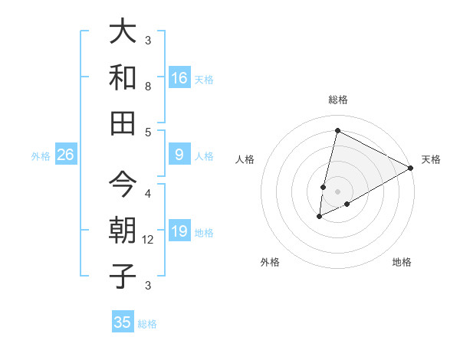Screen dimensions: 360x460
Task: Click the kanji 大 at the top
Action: (x=123, y=33)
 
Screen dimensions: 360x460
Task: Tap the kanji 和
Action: (x=123, y=77)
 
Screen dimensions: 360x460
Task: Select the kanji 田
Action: (x=123, y=123)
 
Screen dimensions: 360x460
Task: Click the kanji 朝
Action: (x=123, y=231)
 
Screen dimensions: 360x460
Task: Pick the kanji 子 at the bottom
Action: (x=123, y=276)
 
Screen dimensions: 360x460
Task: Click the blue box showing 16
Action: (x=179, y=77)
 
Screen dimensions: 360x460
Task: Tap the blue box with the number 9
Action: (x=179, y=155)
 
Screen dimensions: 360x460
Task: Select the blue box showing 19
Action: (x=179, y=231)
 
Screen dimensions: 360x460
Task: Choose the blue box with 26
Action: (x=65, y=155)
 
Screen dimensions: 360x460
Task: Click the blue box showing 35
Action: (x=123, y=322)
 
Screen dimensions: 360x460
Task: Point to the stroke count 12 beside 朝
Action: (x=148, y=240)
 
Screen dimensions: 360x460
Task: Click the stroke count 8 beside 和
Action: (x=148, y=87)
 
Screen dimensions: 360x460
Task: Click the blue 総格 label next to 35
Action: (x=147, y=324)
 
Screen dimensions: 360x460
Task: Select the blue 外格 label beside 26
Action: (x=41, y=156)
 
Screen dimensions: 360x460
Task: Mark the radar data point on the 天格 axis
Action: (x=412, y=168)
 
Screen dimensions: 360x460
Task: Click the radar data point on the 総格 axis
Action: (x=337, y=130)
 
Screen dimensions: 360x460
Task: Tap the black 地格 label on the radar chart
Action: (x=402, y=262)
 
